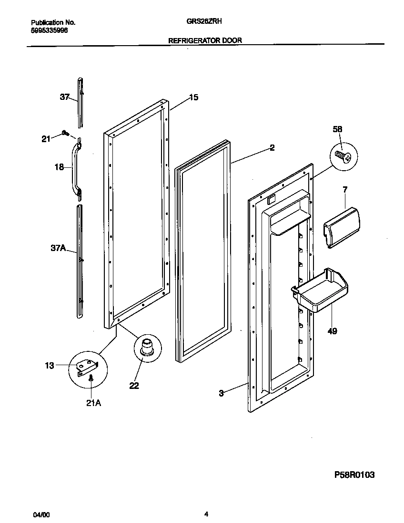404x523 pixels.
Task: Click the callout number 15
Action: [193, 97]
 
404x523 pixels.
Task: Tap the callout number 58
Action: [337, 129]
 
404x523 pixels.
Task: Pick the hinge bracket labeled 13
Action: [88, 367]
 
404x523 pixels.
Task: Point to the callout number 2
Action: [272, 148]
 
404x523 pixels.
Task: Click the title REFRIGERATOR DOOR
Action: [205, 40]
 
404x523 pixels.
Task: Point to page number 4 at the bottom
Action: [206, 514]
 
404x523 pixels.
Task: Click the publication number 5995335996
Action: [49, 29]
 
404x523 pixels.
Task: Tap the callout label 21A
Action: [93, 403]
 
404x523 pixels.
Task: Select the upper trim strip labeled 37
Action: [81, 102]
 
